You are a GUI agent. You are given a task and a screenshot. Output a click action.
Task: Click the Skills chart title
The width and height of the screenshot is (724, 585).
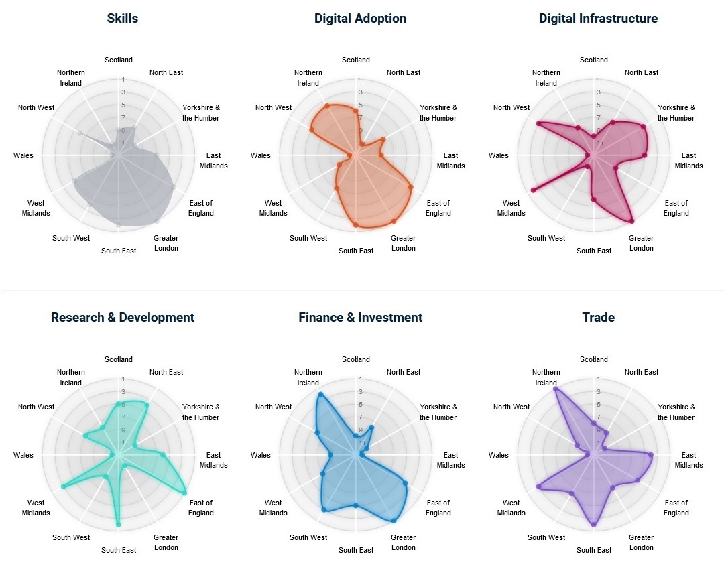(x=123, y=19)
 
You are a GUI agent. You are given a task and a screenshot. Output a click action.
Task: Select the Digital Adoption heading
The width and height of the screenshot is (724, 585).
(x=360, y=19)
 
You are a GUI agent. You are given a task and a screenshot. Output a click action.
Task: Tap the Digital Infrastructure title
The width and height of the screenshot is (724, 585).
(x=598, y=19)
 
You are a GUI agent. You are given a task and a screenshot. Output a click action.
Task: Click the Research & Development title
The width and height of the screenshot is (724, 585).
(x=123, y=318)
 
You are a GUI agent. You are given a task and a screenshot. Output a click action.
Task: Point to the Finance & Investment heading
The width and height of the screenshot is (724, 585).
(x=360, y=318)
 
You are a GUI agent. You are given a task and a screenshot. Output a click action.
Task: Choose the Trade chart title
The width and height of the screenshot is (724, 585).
(x=598, y=318)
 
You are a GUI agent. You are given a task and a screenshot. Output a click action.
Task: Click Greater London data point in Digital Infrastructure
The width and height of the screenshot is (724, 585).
(x=631, y=220)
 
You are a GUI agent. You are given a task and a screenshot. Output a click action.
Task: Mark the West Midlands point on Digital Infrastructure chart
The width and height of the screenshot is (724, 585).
(x=533, y=190)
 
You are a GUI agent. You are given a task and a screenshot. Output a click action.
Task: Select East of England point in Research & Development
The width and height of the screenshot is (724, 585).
(x=184, y=493)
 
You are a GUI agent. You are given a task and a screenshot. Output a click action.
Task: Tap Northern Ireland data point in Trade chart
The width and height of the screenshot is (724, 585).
(x=556, y=389)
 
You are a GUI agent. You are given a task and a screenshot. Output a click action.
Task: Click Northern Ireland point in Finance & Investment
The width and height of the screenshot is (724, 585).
(x=320, y=394)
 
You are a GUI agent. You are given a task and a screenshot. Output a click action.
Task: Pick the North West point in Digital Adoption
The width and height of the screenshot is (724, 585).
(x=312, y=129)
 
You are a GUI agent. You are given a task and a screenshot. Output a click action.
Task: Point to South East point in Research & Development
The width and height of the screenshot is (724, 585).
(x=118, y=524)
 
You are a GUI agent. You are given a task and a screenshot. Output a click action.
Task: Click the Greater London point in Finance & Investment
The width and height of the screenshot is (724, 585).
(x=394, y=520)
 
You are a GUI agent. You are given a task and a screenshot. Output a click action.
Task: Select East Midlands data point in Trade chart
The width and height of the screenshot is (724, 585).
(x=650, y=455)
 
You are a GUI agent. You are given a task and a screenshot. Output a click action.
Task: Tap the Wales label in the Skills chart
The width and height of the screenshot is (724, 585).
(x=23, y=156)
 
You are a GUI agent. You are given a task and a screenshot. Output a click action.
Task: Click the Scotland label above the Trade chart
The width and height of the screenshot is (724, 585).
(x=593, y=360)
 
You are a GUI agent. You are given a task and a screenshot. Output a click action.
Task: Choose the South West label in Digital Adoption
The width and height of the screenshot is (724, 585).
(x=308, y=238)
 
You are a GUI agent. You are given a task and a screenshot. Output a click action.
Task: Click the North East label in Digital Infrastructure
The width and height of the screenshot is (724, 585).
(x=641, y=72)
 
